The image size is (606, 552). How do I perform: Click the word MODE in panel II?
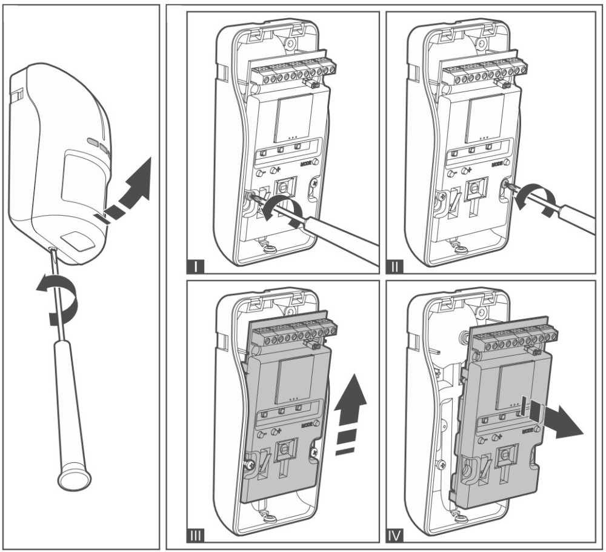[498, 164]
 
